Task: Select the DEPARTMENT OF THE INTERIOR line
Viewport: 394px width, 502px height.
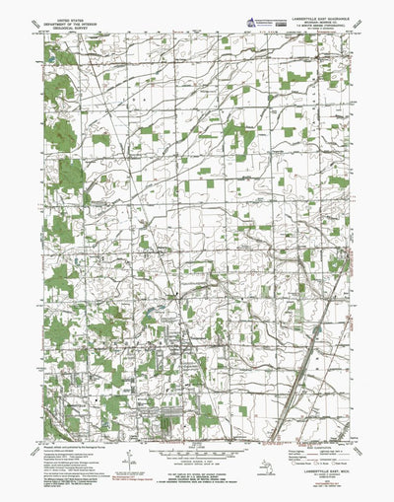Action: tap(71, 23)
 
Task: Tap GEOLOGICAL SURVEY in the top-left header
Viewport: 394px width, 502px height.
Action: tap(71, 28)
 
